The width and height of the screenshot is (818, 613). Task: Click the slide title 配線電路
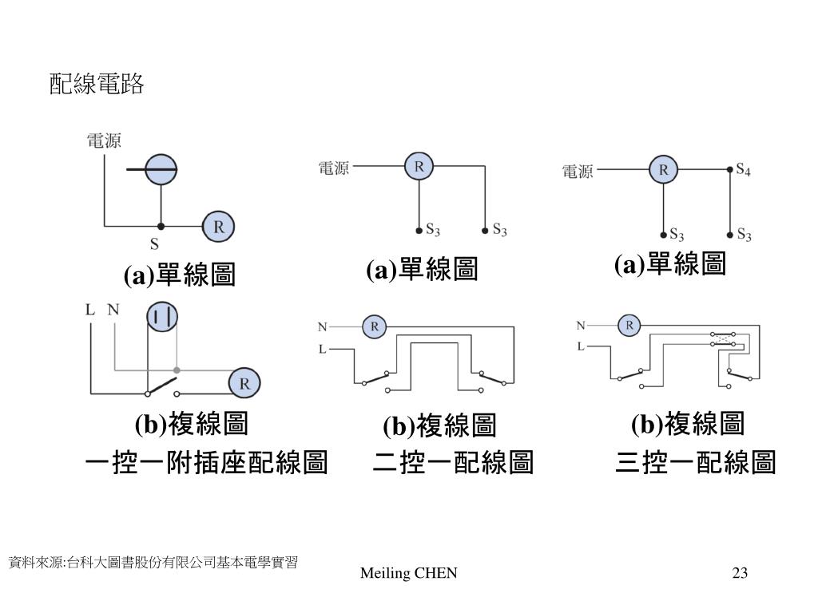point(97,84)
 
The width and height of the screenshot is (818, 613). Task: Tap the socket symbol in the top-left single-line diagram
point(161,169)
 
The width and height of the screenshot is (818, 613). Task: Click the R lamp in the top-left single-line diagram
point(219,227)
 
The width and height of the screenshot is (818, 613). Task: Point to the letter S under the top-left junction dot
point(154,244)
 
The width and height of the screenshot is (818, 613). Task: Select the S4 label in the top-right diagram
point(744,169)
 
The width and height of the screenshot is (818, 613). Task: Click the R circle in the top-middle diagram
point(419,166)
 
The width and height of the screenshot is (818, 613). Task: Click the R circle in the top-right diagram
point(663,169)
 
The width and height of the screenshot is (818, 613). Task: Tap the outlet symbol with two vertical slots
point(162,316)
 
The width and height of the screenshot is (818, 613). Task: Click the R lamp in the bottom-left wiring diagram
point(244,383)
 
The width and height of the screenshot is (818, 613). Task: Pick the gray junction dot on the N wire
point(177,370)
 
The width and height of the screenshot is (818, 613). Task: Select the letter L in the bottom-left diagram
point(90,310)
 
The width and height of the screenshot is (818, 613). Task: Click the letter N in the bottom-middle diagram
point(323,326)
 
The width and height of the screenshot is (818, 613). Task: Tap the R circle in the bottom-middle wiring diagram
point(375,326)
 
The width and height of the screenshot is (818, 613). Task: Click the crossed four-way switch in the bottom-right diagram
point(722,338)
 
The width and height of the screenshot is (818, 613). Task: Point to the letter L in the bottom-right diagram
point(581,346)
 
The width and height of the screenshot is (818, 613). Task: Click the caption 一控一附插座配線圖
point(207,462)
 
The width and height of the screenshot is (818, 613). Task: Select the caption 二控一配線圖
point(454,462)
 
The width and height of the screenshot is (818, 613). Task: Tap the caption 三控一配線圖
point(696,462)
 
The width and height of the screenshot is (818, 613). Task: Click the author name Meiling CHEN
point(408,573)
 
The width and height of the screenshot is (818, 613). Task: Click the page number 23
point(740,573)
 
